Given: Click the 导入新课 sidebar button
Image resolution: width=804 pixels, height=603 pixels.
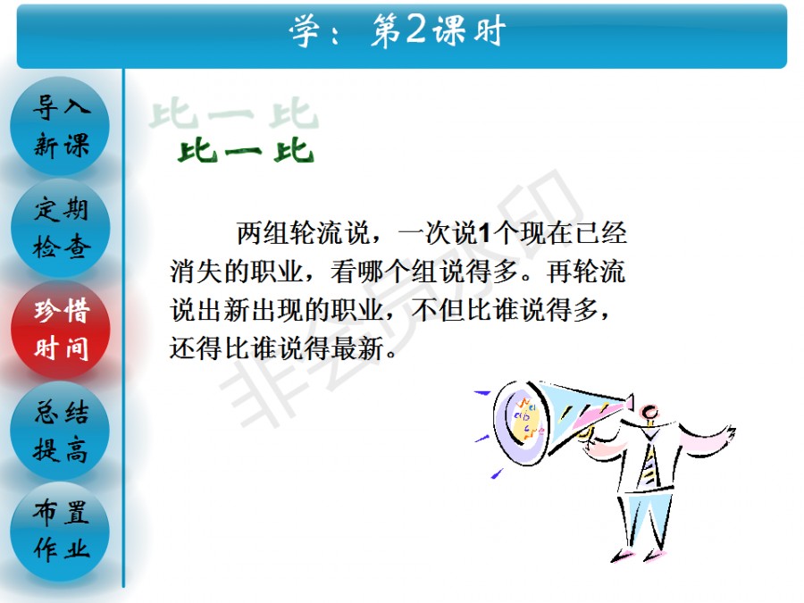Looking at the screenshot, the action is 60,126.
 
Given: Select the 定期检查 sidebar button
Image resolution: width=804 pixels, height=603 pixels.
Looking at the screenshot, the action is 61,228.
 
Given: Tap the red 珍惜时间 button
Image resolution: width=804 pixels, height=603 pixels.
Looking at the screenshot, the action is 61,329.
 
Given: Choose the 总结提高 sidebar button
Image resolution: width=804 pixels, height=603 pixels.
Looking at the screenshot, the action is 61,431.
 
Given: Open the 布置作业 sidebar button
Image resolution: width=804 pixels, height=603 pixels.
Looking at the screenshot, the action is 61,531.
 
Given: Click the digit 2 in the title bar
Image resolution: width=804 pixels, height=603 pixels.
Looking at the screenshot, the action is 415,29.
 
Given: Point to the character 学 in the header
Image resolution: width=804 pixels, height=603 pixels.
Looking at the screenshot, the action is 306,30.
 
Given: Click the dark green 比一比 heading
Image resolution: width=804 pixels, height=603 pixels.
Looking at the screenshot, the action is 245,151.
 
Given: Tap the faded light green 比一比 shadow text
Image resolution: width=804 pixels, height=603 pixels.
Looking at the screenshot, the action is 233,113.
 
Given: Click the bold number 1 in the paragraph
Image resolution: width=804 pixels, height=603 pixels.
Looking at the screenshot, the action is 483,233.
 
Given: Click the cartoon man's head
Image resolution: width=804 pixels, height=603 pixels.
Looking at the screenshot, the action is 649,412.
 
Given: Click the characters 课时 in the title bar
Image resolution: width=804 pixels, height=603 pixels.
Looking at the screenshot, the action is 469,30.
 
